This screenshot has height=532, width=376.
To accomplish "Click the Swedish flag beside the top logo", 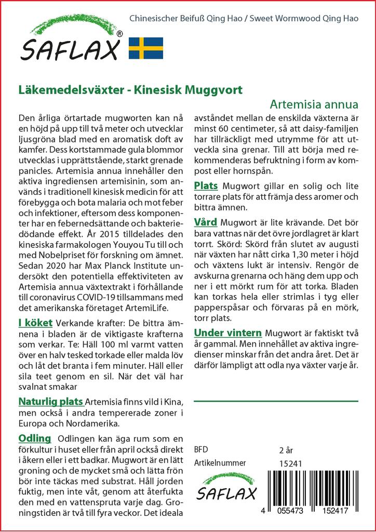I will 146,48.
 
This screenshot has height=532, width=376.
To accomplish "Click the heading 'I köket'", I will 35,323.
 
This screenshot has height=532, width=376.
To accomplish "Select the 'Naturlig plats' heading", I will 51,402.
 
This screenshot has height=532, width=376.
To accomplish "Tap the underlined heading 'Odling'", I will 35,438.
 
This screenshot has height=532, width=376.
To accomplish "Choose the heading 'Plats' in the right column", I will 206,186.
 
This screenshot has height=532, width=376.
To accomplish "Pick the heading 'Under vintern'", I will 227,332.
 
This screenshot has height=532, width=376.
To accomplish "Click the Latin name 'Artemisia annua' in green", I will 314,103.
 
